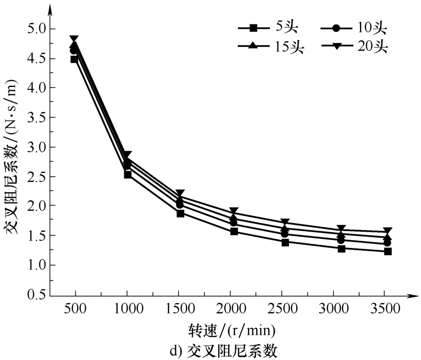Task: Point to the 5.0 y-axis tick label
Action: pos(34,29)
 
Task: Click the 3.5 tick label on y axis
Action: pos(34,118)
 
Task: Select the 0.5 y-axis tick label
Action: pos(34,295)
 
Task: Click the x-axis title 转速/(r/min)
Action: pos(231,331)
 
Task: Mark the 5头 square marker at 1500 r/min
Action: pos(180,213)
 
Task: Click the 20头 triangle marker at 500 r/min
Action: pos(75,39)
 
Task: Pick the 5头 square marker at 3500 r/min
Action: pos(388,251)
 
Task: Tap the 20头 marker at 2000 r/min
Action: pos(234,211)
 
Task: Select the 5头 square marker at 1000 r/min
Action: pos(128,174)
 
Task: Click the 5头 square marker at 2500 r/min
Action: pos(286,242)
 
